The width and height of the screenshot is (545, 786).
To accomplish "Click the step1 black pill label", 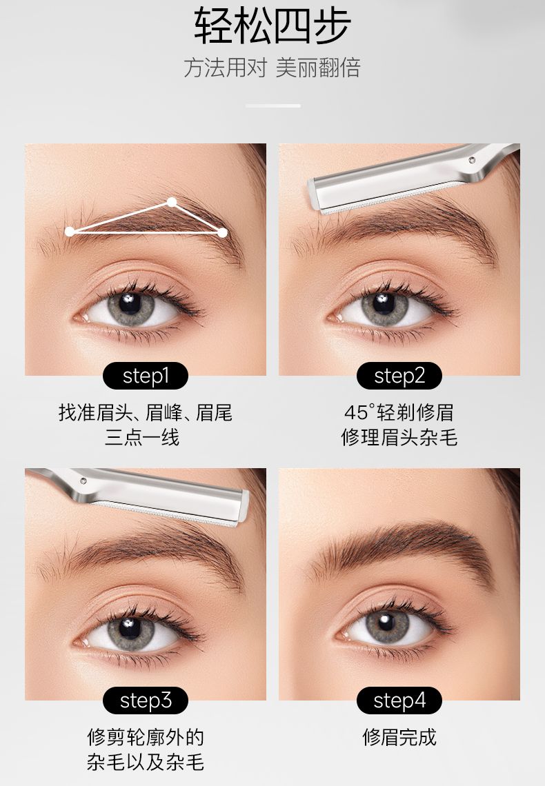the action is tap(146, 376).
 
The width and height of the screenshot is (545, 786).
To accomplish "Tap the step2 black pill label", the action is tap(399, 376).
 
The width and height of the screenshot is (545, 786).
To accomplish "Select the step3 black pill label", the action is tap(146, 701).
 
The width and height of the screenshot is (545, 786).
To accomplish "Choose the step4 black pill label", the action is tap(399, 701).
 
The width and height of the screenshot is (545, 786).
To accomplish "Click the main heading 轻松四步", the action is tap(272, 26).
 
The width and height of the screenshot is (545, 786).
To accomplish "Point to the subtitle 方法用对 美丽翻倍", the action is tap(272, 68).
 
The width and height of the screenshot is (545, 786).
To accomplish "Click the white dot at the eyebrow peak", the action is tap(172, 202).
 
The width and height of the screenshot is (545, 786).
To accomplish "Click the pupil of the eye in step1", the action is tap(130, 303).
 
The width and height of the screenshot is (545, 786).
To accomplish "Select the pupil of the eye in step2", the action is tap(384, 303).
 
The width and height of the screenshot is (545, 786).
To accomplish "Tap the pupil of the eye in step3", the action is tap(130, 627).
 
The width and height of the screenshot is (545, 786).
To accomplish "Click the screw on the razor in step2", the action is tap(471, 160).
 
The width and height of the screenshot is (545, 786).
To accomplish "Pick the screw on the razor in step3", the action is tap(83, 481).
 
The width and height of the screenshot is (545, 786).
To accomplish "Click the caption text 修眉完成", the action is tap(399, 737).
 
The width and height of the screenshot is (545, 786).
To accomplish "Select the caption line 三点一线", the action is tap(142, 437).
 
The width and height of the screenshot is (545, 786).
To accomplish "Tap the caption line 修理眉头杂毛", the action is tap(399, 437).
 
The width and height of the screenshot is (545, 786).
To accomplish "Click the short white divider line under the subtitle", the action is tap(272, 105).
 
